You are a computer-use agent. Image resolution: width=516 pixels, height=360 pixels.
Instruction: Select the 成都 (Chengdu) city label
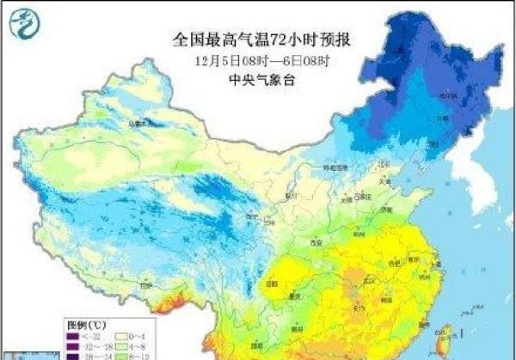click(273, 281)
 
